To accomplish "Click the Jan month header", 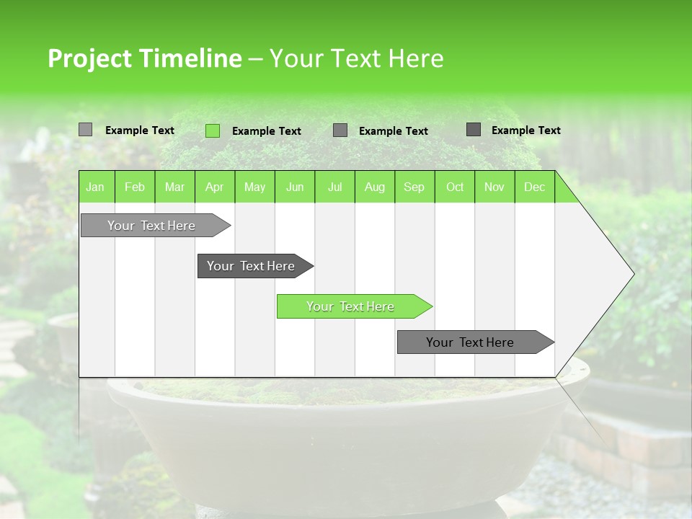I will [95, 187].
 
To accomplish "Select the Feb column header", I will [135, 187].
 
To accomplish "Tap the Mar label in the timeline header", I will [174, 187].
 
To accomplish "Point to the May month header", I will [254, 187].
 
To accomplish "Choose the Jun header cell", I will [295, 187].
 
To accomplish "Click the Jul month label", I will [334, 187].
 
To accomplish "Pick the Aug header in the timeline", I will [375, 187].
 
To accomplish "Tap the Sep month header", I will [414, 187].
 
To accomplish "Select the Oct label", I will [455, 187].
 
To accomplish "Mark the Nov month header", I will [494, 187].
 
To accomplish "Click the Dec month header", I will [535, 187].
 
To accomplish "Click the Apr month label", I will [215, 187].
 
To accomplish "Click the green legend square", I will [213, 130].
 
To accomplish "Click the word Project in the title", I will [91, 58].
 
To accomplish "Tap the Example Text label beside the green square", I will [267, 131].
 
